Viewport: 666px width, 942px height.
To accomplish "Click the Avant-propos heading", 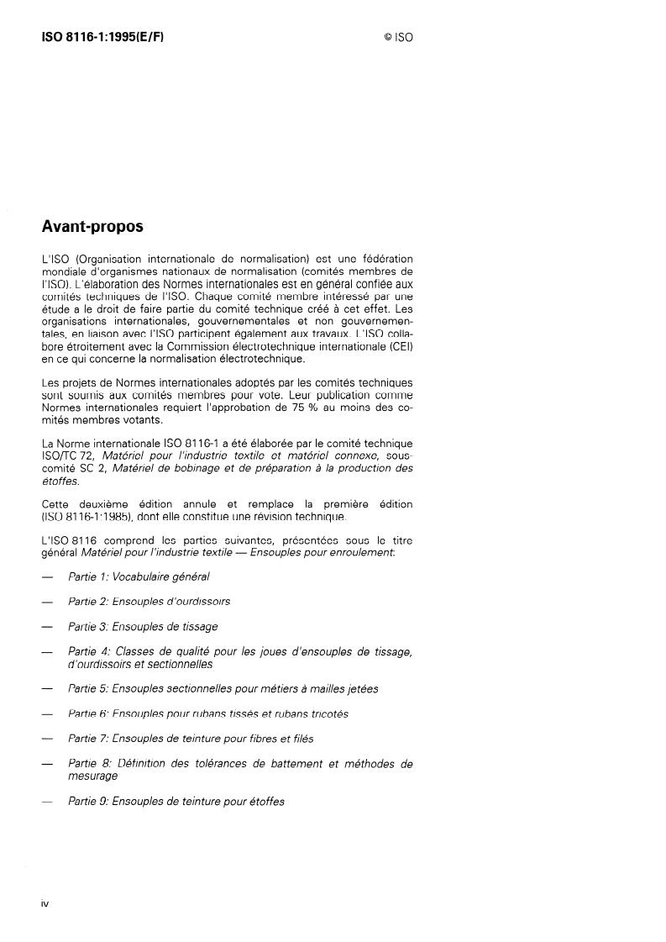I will pyautogui.click(x=92, y=228).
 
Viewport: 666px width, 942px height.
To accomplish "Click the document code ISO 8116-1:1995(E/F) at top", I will pyautogui.click(x=102, y=38).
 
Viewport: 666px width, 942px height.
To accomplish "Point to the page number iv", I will pyautogui.click(x=45, y=903).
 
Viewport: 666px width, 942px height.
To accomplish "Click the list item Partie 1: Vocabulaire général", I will pyautogui.click(x=139, y=576).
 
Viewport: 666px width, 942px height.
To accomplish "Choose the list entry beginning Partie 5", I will pyautogui.click(x=223, y=689).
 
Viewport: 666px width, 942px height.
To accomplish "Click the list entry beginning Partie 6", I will pyautogui.click(x=207, y=714).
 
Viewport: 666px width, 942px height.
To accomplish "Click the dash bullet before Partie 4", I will pyautogui.click(x=48, y=652).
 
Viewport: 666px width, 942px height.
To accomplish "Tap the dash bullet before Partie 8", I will pyautogui.click(x=48, y=765).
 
